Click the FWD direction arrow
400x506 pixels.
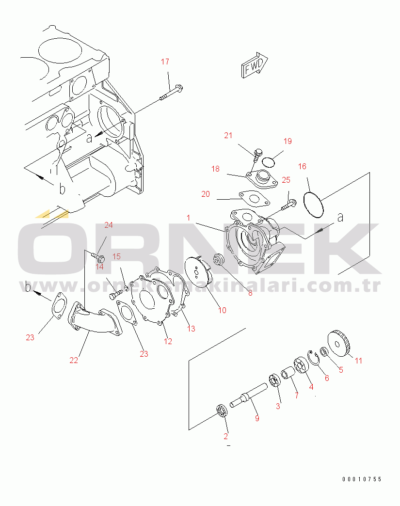255,66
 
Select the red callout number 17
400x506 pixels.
165,62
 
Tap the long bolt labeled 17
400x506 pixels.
171,92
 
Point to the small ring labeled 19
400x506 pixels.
268,162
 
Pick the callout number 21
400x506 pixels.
228,136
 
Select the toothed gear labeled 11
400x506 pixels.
339,344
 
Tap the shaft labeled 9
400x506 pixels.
249,395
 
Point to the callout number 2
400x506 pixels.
225,437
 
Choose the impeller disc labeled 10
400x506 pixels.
198,271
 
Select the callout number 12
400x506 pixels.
168,341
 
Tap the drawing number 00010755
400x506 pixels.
362,479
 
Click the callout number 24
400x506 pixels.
109,225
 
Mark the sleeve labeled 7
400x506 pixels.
287,374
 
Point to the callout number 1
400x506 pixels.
189,218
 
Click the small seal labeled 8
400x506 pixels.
219,260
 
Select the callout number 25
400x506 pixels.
286,180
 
